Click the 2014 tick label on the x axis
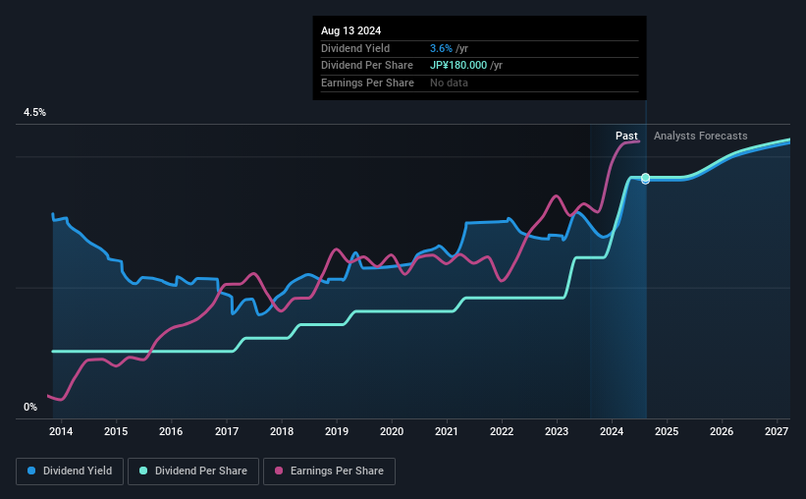(61, 431)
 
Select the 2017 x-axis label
(226, 431)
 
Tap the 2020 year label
(392, 431)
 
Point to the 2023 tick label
(557, 431)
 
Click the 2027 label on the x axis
(777, 431)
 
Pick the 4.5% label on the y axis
(35, 113)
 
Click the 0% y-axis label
(30, 407)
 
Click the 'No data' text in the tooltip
(449, 83)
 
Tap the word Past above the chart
(627, 136)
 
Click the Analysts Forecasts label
(700, 136)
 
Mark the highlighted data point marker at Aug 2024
(645, 179)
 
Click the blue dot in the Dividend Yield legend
(32, 471)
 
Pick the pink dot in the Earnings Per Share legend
(279, 471)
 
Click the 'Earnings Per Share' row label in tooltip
(367, 83)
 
